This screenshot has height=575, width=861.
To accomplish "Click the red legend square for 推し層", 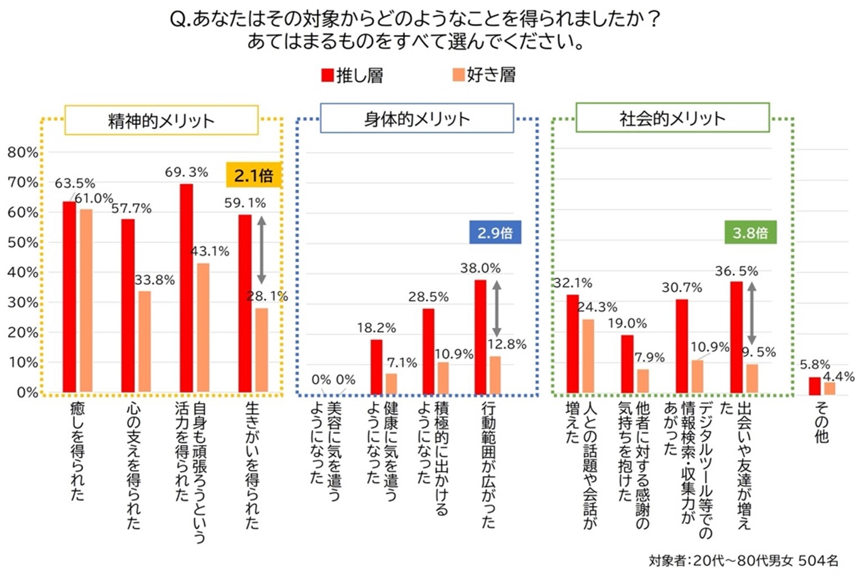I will [x=327, y=75].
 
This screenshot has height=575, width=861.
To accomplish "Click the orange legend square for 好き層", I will [x=459, y=75].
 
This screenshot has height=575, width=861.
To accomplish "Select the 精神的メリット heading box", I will [x=162, y=121].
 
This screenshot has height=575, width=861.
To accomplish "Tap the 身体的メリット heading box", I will [x=416, y=118].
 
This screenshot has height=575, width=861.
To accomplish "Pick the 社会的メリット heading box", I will [x=672, y=118].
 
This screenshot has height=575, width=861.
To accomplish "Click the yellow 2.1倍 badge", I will [x=253, y=175].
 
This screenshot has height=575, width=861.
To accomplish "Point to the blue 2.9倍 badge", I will [x=495, y=233].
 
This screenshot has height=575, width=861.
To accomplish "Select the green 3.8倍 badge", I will [x=750, y=233].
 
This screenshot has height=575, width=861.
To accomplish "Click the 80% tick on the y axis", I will [x=23, y=153].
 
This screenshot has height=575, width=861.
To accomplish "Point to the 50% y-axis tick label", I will [x=23, y=243].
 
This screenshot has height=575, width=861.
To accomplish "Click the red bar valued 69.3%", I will [x=186, y=288].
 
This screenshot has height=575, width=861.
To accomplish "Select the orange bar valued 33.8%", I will [x=145, y=341].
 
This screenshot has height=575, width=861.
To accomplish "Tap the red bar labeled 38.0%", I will [x=480, y=336].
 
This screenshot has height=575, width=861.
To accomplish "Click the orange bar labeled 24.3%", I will [x=588, y=356].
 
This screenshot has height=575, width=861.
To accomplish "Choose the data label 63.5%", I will [x=75, y=184].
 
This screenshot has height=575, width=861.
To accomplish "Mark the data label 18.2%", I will [x=376, y=328].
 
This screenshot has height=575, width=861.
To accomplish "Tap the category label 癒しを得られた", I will [x=77, y=451].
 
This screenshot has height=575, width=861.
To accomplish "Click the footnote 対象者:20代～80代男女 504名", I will [x=743, y=560].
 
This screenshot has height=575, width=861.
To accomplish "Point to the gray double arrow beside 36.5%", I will [x=751, y=314].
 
